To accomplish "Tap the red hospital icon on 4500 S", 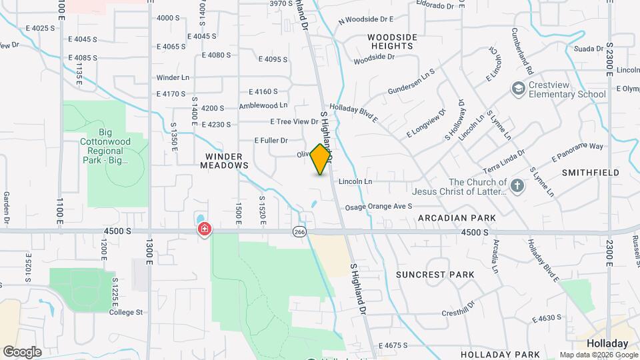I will [x=204, y=230].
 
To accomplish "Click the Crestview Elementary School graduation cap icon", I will [x=517, y=89].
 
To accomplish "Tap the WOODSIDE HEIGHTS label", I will [x=392, y=42].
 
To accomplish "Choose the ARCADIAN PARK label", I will [x=457, y=218].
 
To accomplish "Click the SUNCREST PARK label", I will [x=435, y=275].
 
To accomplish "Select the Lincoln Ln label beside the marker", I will [x=355, y=181].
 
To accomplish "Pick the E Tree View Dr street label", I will [x=295, y=121].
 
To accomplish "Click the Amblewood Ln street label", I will [x=263, y=105].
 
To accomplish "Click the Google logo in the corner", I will [x=22, y=351].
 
